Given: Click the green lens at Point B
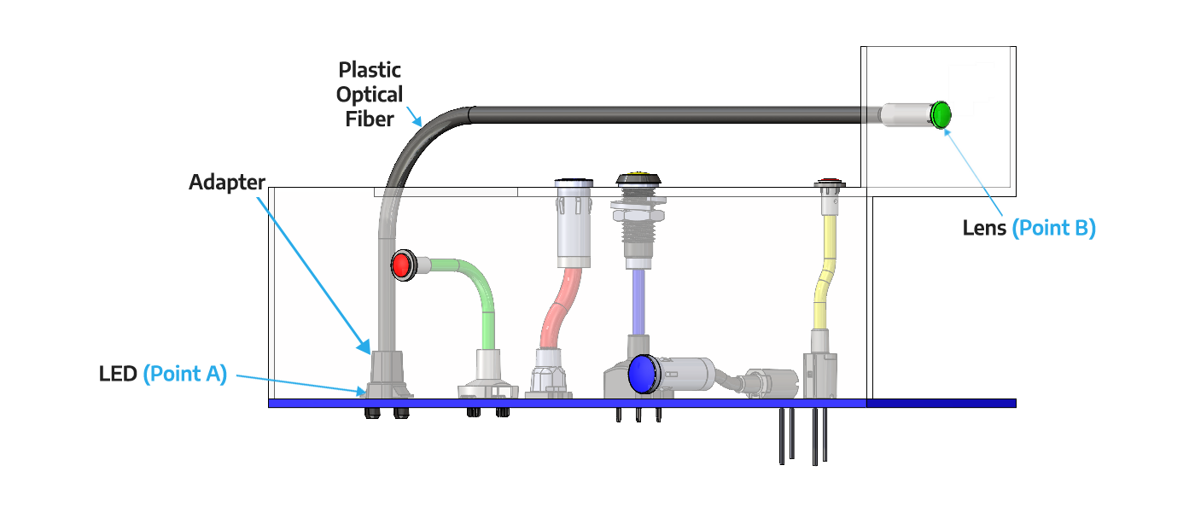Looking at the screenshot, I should [x=941, y=114].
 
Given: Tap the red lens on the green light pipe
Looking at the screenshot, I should [x=401, y=265].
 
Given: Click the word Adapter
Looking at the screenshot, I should [x=226, y=183].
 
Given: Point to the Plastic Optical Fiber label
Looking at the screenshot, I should [x=370, y=94].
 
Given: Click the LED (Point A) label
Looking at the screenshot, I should [x=163, y=374].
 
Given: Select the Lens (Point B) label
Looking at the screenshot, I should [x=1029, y=228].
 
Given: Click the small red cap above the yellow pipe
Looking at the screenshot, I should [x=828, y=182].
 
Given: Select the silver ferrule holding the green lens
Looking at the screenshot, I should [x=905, y=115].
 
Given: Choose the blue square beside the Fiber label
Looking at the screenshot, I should [x=411, y=117].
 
